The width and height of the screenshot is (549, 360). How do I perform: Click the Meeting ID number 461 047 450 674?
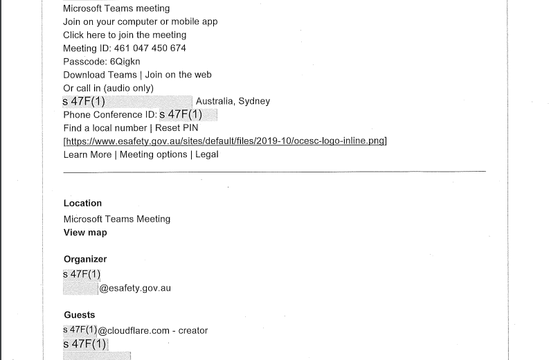click(150, 48)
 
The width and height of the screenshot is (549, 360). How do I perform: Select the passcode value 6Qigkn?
click(125, 62)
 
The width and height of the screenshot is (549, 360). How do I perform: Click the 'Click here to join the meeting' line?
click(125, 35)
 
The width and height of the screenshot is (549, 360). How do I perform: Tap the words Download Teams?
click(100, 75)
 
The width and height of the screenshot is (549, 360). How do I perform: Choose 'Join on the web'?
click(178, 75)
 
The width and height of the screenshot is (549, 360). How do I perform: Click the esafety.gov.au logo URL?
click(225, 141)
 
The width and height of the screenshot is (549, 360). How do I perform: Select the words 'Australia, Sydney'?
click(233, 101)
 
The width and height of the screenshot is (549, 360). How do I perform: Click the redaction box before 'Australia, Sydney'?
click(127, 102)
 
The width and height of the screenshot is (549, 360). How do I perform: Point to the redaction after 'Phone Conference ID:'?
click(188, 114)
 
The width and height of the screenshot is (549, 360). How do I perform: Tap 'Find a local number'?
click(105, 128)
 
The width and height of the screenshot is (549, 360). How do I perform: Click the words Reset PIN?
click(177, 128)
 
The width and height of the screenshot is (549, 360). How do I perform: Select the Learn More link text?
click(87, 155)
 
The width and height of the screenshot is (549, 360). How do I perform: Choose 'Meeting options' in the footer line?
click(154, 155)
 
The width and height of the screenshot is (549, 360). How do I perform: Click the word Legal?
click(207, 154)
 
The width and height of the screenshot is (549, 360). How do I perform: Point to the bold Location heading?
click(82, 204)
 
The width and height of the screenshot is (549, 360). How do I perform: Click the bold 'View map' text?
click(85, 233)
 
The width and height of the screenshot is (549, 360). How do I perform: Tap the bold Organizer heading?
click(85, 259)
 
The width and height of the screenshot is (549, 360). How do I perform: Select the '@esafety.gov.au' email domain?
click(135, 288)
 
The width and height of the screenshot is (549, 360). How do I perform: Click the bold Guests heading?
click(80, 315)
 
